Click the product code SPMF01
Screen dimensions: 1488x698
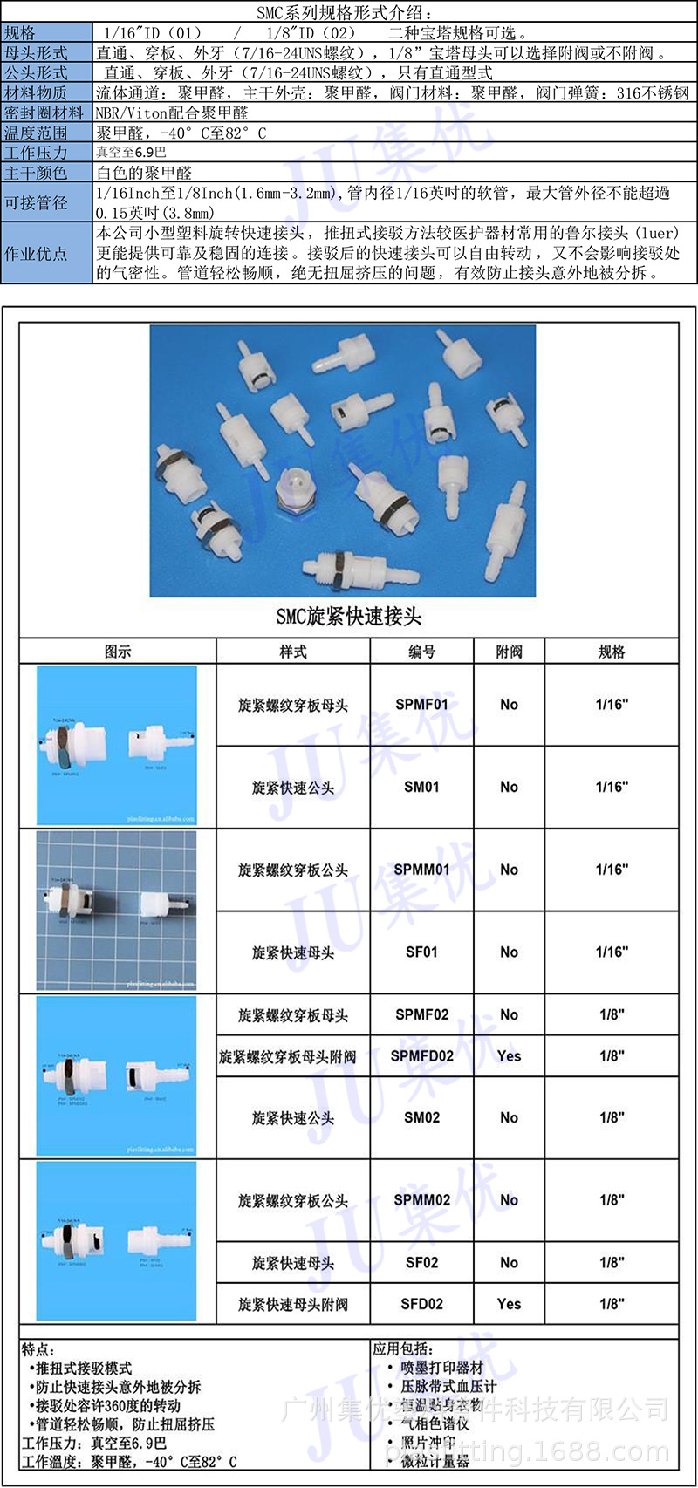tap(421, 704)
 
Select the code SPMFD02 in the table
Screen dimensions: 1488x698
tap(421, 1055)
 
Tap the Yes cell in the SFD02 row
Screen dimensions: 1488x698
tap(509, 1304)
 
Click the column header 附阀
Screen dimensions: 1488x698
tap(509, 652)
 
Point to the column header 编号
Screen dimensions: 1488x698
tap(421, 652)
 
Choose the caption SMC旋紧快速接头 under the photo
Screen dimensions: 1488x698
tap(349, 617)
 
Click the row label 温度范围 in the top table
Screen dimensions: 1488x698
tap(36, 133)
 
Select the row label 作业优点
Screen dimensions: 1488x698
tap(36, 254)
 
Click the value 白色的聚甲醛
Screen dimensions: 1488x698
tap(144, 173)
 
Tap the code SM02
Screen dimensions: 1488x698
tap(421, 1117)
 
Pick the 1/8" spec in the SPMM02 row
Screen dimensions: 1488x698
tap(612, 1200)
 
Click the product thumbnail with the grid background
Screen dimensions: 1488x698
tap(117, 911)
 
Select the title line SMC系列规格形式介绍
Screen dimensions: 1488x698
tap(349, 13)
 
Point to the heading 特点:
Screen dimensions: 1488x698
tap(38, 1349)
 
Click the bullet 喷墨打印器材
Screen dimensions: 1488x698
tap(441, 1368)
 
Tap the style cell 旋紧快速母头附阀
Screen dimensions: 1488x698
tap(293, 1305)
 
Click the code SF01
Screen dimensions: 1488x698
tap(421, 952)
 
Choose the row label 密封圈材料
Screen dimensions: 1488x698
tap(44, 113)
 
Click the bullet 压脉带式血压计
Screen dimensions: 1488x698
tap(448, 1386)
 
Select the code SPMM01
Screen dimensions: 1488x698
tap(421, 870)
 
